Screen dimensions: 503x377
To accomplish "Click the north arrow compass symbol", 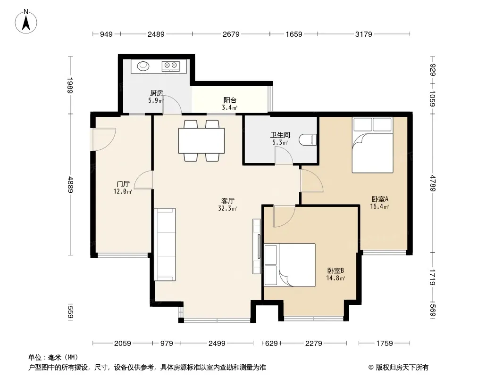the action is point(26,22).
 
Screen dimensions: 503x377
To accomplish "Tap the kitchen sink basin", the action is point(143,66).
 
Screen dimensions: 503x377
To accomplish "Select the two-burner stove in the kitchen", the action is point(171,66).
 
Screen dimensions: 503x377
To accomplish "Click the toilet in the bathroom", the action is point(308,139).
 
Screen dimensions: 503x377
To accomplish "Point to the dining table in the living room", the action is point(201,140).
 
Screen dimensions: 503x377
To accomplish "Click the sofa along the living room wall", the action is point(165,245).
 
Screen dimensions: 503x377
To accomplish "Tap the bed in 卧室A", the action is point(372,145).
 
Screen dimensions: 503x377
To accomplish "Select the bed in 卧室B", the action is point(290,265).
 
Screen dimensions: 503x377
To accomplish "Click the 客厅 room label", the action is point(228,201).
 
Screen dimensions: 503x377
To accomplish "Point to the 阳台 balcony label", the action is point(230,100).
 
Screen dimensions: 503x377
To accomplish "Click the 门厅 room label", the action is point(123,184).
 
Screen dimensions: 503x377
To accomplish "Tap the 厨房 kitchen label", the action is point(157,93).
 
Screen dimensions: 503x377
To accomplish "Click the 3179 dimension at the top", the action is point(363,34).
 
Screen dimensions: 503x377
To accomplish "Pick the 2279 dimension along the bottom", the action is point(313,344).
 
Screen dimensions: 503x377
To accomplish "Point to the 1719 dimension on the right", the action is point(433,278).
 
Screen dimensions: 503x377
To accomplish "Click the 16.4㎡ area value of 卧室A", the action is point(379,206).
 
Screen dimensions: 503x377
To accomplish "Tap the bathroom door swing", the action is point(284,156).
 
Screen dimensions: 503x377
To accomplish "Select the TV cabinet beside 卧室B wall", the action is point(257,246).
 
